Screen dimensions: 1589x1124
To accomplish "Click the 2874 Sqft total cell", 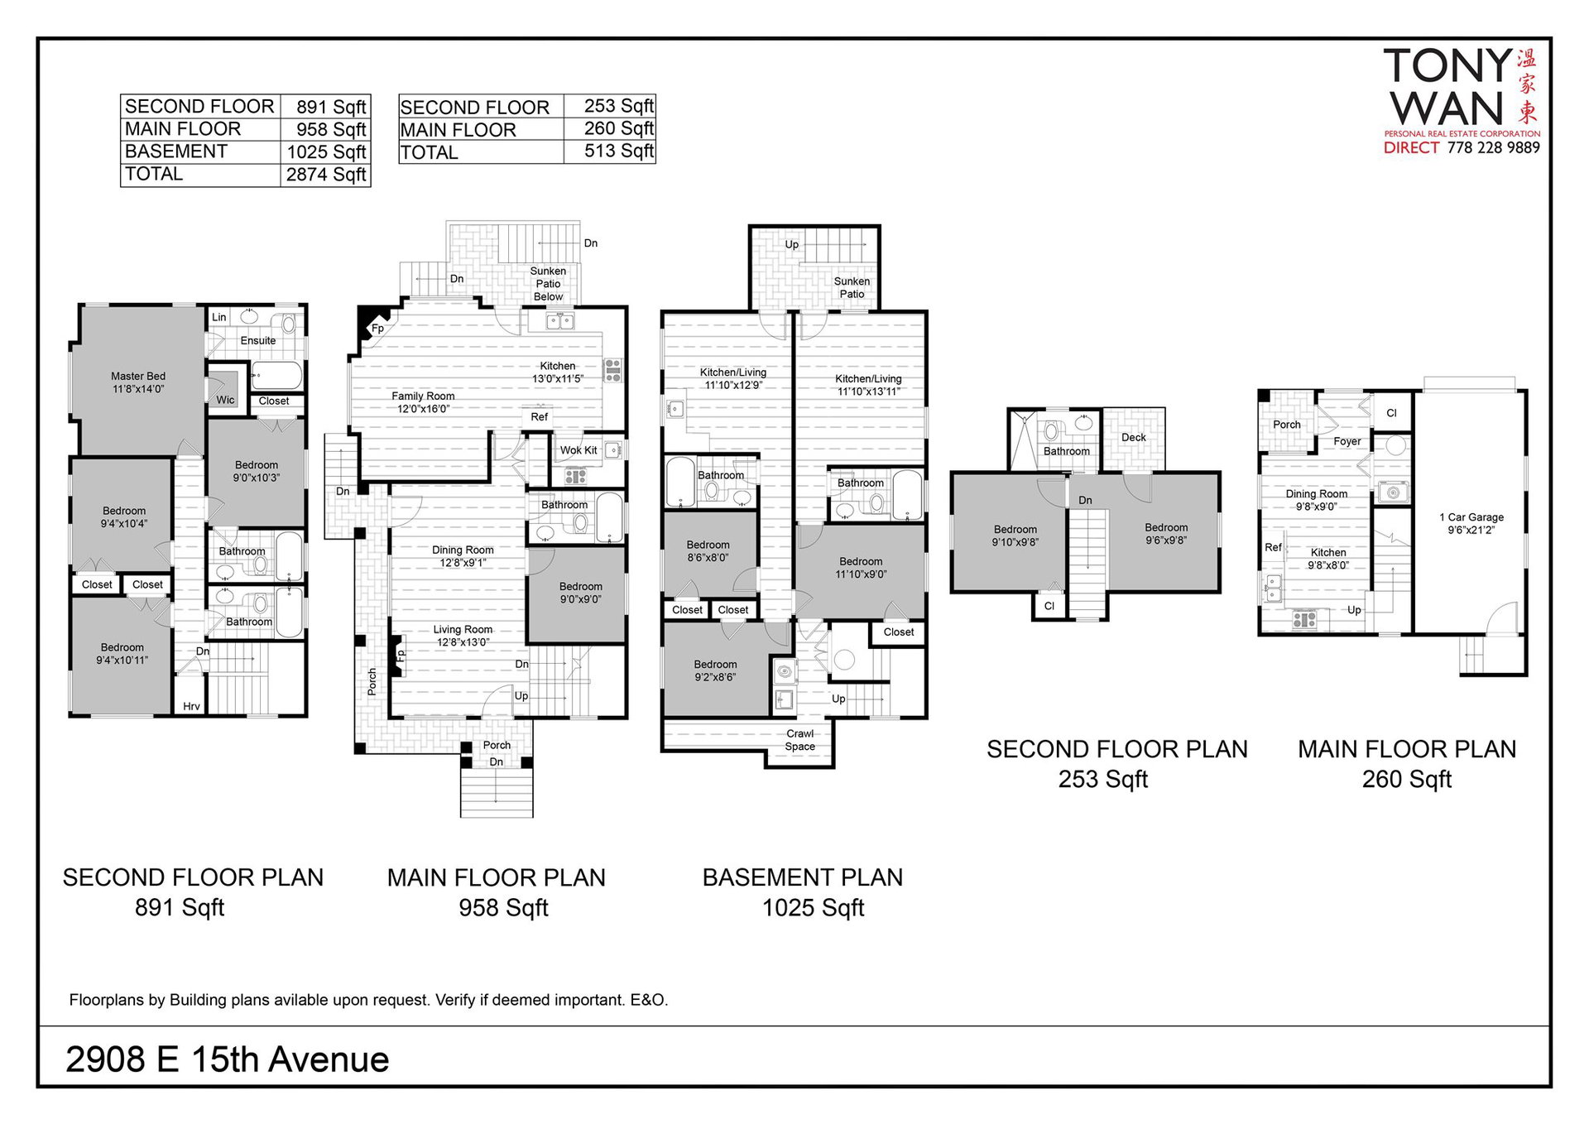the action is [326, 175].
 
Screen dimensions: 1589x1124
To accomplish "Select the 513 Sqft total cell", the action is [619, 151].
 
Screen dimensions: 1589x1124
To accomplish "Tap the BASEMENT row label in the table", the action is [175, 151].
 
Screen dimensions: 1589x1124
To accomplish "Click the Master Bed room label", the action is [138, 382].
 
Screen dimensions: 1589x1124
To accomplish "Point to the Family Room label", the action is [423, 402].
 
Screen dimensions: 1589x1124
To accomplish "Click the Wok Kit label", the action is [578, 450].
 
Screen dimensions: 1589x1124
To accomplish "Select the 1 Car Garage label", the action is [1471, 523].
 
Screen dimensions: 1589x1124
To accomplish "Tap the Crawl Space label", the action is [800, 740].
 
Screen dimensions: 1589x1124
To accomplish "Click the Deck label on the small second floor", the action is [1134, 437].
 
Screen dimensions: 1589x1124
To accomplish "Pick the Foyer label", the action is [1347, 441].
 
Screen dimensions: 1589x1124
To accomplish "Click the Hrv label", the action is [191, 706].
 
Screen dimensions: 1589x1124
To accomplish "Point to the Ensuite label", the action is [258, 340].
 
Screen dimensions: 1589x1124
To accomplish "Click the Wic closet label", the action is [226, 400].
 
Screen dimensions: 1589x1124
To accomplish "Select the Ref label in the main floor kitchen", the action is [540, 417].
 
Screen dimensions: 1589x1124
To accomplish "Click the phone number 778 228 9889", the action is [1493, 147].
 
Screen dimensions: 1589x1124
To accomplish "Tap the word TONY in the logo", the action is [1448, 66].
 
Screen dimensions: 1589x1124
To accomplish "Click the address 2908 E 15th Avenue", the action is [228, 1059].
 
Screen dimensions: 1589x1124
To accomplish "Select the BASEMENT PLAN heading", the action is [803, 877].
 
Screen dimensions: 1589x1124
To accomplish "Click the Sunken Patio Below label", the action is [548, 284].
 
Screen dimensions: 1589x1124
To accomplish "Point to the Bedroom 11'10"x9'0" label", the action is [861, 568].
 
